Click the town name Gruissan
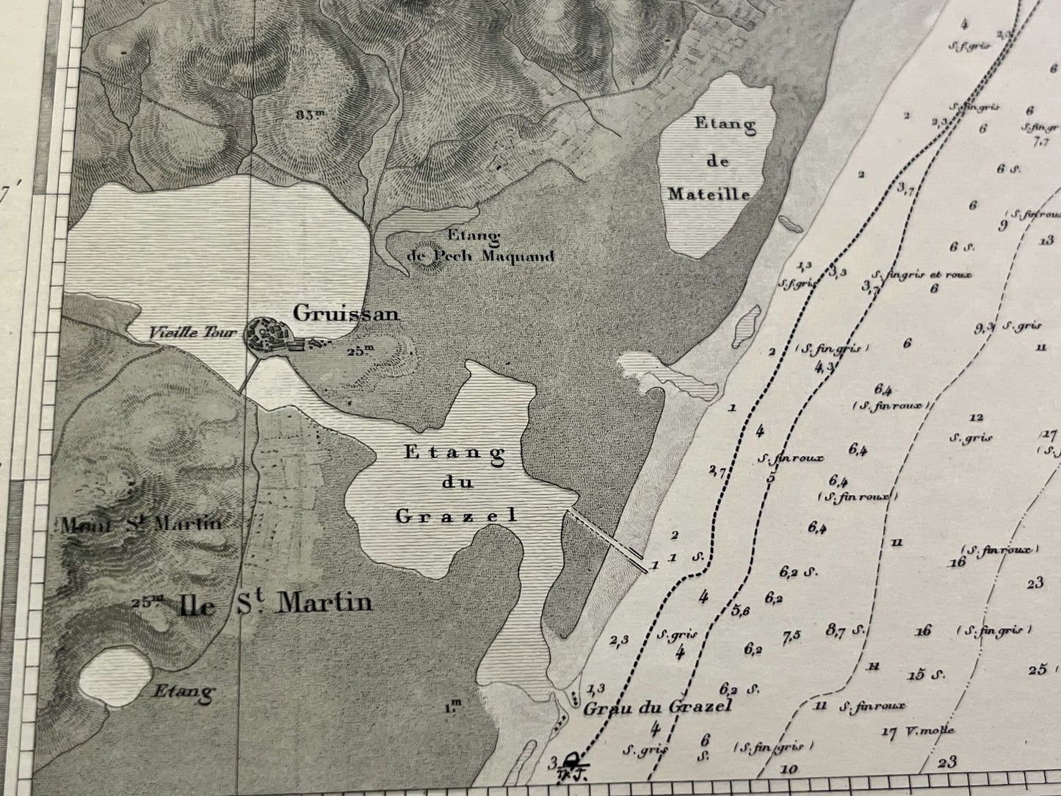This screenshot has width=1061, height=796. click(346, 314)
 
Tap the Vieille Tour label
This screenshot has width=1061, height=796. click(192, 333)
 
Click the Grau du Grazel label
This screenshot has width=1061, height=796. click(657, 707)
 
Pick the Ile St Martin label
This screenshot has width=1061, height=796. click(274, 604)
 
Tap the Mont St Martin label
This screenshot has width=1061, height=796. click(141, 524)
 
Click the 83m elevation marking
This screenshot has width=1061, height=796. click(311, 115)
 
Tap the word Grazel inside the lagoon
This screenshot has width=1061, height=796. click(456, 516)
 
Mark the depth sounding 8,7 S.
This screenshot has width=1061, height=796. click(842, 629)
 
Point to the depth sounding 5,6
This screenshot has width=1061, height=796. click(741, 610)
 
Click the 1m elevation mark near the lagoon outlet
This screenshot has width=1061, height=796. click(453, 707)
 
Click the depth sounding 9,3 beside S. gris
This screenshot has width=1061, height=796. click(985, 327)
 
